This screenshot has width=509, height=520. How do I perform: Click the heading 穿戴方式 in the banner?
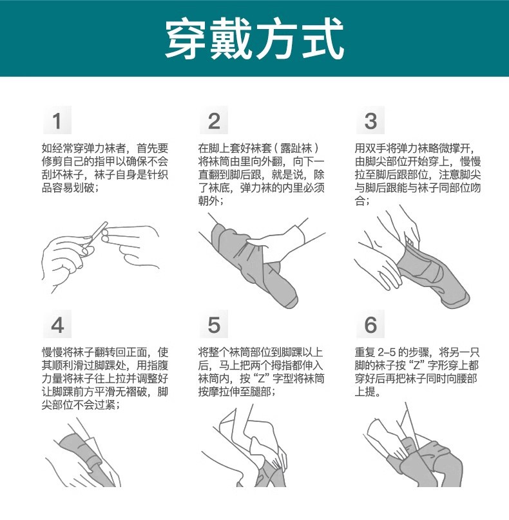coord(254,38)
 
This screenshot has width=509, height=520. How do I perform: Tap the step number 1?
coord(57,121)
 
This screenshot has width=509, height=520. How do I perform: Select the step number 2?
coord(214,121)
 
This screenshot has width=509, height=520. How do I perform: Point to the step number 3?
coord(370,121)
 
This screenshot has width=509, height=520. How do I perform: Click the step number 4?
coord(57,325)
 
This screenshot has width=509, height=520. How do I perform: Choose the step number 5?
coord(214,325)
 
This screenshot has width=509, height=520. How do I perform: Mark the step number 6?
coord(370,325)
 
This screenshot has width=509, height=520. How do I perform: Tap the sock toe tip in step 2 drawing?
coord(291,301)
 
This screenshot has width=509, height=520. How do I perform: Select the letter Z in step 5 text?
coord(262,379)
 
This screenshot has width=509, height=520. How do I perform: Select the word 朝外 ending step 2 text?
coord(209,201)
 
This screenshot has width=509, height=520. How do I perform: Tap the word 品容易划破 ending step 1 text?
coord(68,188)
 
